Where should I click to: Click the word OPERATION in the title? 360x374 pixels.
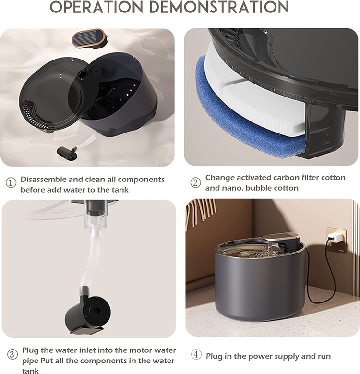[x=96, y=7]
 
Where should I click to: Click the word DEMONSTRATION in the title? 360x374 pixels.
[x=219, y=7]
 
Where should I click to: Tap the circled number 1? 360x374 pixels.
[x=11, y=183]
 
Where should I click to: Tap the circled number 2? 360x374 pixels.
[x=195, y=183]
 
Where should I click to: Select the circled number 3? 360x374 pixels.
[x=12, y=354]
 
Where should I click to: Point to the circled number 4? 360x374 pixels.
[x=196, y=355]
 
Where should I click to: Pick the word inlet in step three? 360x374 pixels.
[x=87, y=350]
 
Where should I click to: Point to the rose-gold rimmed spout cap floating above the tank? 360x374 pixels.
[x=89, y=38]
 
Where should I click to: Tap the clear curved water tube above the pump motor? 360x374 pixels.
[x=91, y=260]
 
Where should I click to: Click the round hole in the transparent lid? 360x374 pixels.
[x=82, y=74]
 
